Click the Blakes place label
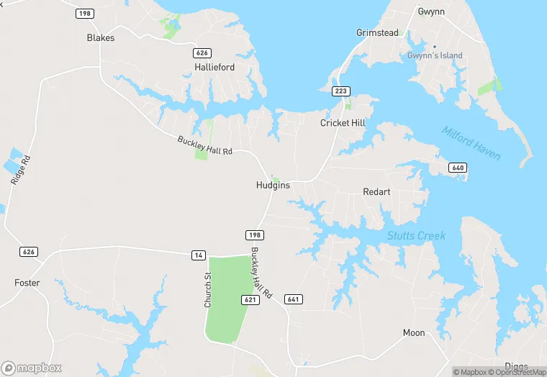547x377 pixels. click(x=101, y=37)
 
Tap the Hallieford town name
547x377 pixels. click(x=214, y=67)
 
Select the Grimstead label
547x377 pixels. click(x=378, y=32)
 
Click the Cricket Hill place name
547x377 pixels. click(x=343, y=123)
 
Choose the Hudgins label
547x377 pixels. click(x=273, y=185)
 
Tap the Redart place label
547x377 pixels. click(x=376, y=192)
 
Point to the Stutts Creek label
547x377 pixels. click(x=416, y=235)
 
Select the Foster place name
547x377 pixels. click(x=27, y=283)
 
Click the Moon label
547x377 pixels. click(x=414, y=332)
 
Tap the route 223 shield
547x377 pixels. click(x=341, y=91)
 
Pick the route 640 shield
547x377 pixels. click(x=458, y=168)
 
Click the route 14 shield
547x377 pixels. click(x=198, y=255)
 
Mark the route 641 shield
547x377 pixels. click(x=294, y=299)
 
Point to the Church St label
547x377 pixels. click(x=208, y=290)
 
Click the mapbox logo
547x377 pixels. click(x=32, y=368)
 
